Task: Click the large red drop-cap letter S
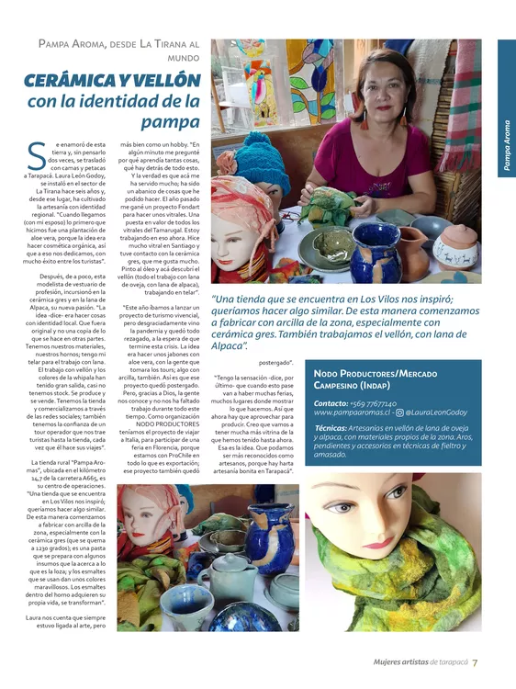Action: pyautogui.click(x=36, y=157)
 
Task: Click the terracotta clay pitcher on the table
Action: pyautogui.click(x=414, y=243)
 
